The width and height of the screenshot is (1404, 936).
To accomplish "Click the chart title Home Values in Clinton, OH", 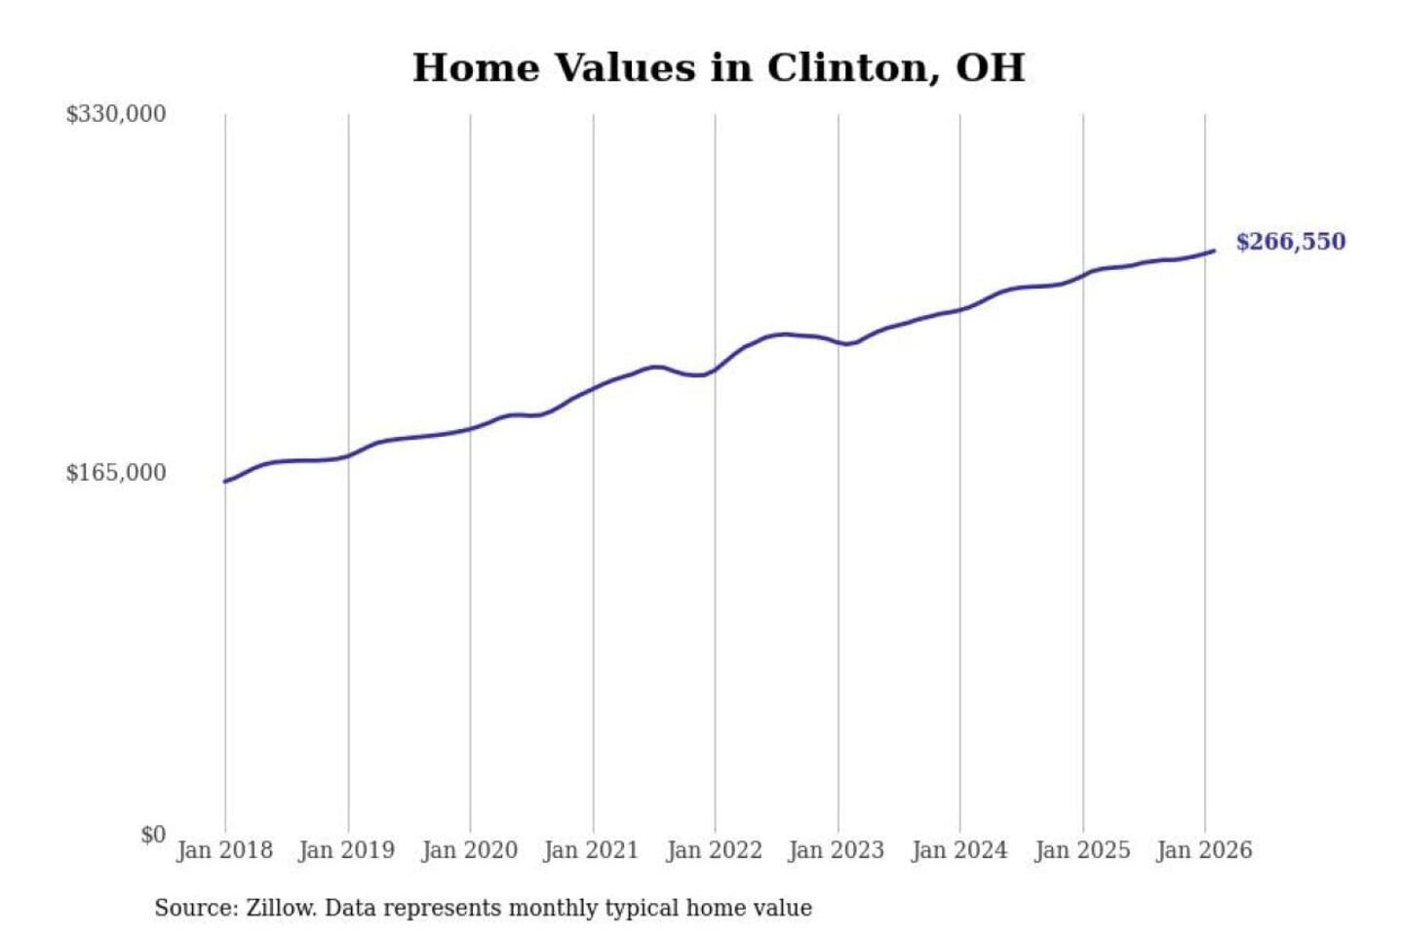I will [719, 68].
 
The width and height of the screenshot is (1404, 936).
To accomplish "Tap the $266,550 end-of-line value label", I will [1290, 242].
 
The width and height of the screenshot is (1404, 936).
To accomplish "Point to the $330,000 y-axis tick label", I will [116, 114].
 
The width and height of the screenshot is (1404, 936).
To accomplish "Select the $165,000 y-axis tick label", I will [116, 473].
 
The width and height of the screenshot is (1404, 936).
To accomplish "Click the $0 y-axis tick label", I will [153, 835].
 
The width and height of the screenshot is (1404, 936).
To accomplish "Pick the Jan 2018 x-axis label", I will [224, 850].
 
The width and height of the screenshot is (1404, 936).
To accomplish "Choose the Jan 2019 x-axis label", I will [347, 850].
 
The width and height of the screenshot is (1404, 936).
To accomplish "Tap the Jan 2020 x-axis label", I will [469, 850].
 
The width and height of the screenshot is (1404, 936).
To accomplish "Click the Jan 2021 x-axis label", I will [591, 850].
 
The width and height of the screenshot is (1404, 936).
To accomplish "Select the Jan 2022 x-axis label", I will [714, 850].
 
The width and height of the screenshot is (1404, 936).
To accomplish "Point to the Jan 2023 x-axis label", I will [837, 850].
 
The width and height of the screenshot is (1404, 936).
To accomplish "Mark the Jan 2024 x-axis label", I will [958, 850].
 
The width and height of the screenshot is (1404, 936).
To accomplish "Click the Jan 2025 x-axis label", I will [1081, 850].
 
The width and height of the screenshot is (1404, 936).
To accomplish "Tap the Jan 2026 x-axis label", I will [1203, 850].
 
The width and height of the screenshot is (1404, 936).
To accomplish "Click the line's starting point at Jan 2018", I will [225, 482].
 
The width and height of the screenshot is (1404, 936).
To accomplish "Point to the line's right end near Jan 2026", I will [1214, 251].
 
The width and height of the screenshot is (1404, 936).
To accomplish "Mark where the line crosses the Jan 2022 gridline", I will [715, 370].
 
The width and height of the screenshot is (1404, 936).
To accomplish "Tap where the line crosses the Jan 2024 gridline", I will [959, 310].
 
